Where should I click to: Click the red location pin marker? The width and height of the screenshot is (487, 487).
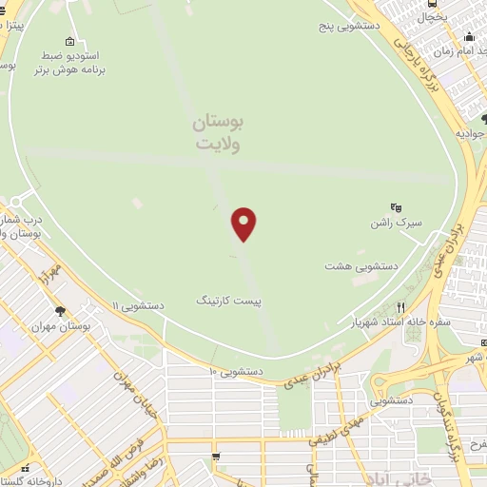pos(244,224)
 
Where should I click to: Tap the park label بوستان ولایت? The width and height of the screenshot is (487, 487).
pos(220,133)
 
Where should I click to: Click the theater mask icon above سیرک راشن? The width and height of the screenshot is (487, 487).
pos(396,206)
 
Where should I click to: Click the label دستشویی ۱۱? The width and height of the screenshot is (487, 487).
pos(138,306)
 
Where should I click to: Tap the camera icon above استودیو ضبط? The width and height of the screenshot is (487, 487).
pos(69,42)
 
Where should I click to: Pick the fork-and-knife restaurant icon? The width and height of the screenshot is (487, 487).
pos(400,307)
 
